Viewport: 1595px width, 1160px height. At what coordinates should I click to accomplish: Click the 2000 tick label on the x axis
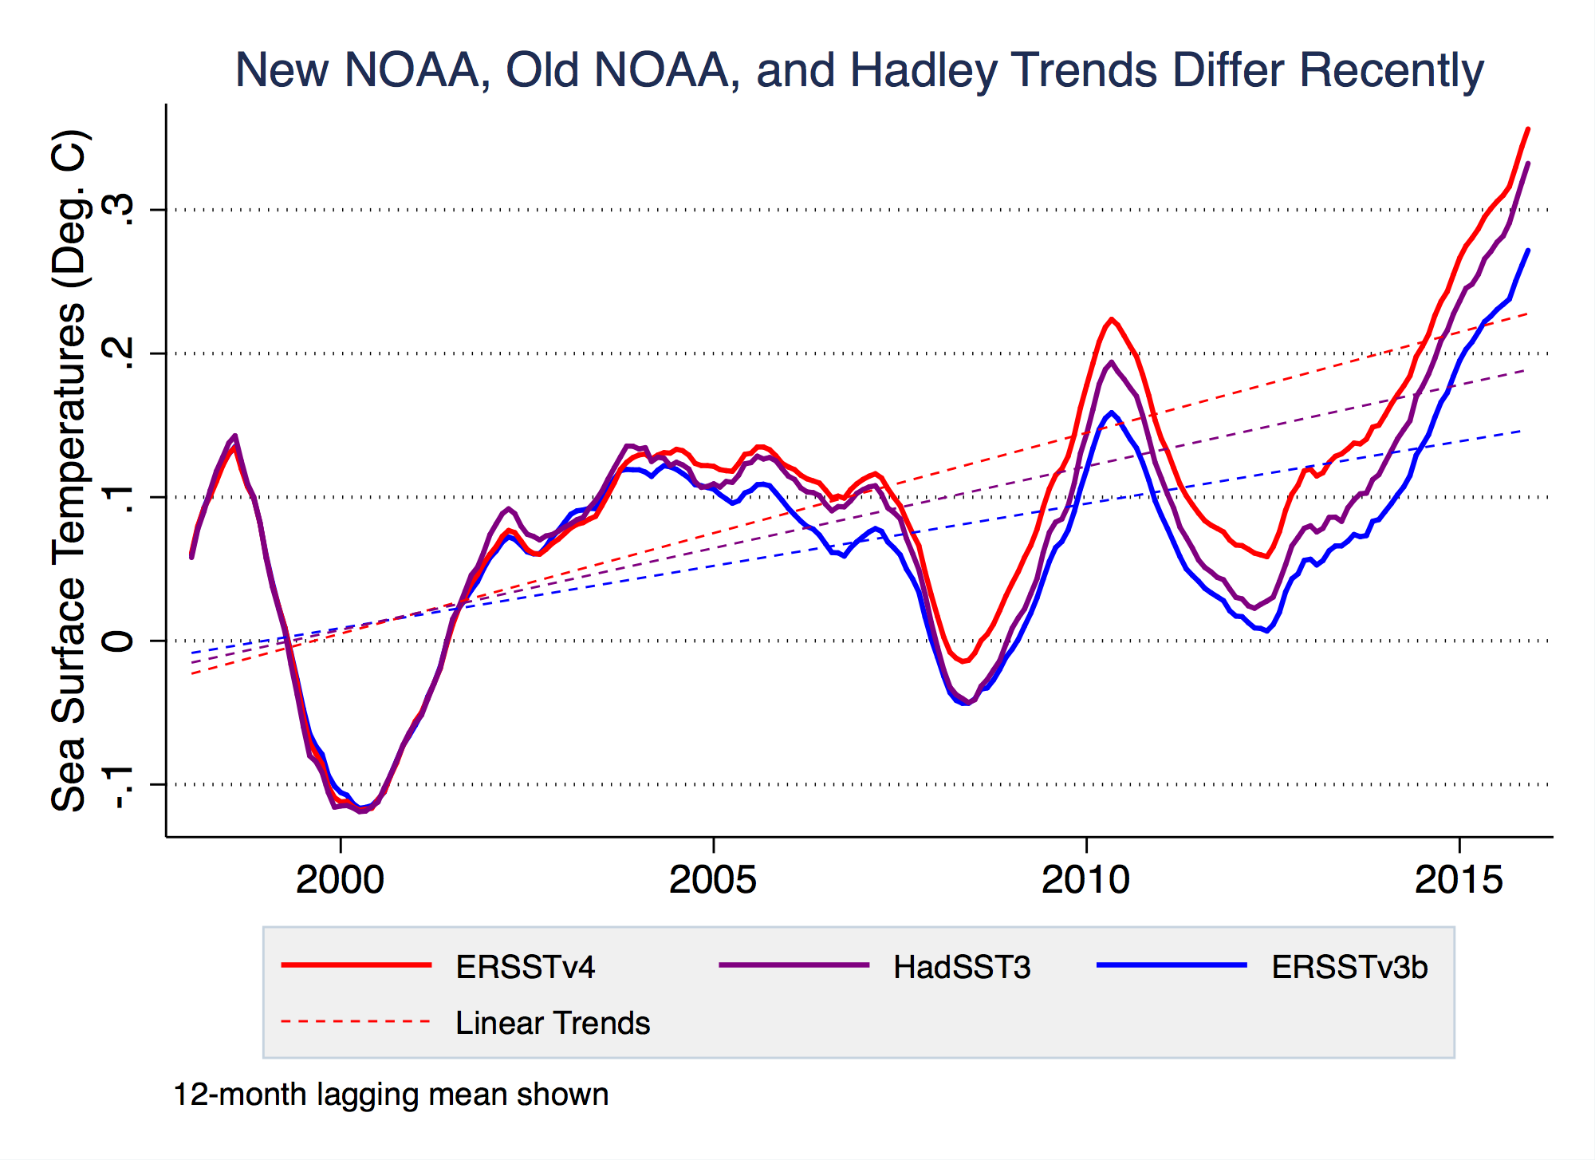[340, 880]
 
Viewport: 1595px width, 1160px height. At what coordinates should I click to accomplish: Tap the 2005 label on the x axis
[713, 880]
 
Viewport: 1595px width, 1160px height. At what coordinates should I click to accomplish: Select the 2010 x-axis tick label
[1085, 880]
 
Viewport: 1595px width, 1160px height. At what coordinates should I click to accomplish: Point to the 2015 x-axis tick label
[1459, 880]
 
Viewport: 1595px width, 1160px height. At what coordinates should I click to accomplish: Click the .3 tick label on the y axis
[119, 209]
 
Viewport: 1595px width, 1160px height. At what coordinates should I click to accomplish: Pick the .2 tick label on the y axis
[119, 353]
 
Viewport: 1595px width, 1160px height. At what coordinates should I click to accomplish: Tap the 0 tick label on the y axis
[119, 641]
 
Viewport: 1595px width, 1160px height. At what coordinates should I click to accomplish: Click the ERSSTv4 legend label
[525, 967]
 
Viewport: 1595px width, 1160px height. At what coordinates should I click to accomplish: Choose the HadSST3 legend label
[962, 967]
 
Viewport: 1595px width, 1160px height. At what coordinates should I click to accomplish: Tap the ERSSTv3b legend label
[1349, 967]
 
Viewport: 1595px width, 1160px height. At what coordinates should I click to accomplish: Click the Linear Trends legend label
[552, 1023]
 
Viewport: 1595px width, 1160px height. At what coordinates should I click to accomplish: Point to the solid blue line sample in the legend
[1171, 965]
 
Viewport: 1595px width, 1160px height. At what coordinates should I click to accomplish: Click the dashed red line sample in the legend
[356, 1021]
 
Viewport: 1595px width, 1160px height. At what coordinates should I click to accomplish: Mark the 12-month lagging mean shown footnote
[391, 1095]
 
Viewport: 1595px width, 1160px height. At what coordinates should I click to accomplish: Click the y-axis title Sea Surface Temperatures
[69, 471]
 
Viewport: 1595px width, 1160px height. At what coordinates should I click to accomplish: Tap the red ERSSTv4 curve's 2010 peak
[1111, 319]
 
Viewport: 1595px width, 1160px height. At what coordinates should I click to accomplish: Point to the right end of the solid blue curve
[1527, 251]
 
